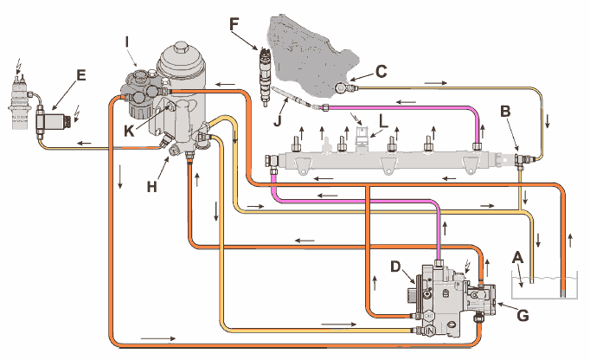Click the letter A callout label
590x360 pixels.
517,257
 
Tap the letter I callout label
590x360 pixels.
127,40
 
